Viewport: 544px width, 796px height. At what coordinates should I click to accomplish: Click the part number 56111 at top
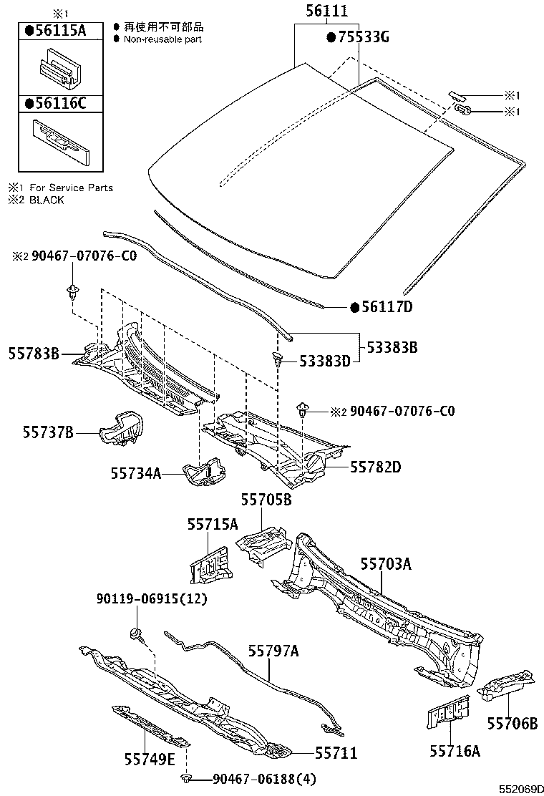coord(326,11)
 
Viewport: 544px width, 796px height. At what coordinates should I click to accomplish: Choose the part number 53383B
coord(392,348)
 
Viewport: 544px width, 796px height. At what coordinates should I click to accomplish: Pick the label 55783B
coord(34,352)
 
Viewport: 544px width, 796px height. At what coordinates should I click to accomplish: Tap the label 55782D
coord(375,467)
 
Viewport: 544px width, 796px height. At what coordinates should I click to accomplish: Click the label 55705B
coord(266,500)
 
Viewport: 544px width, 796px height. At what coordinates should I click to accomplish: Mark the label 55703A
coord(385,564)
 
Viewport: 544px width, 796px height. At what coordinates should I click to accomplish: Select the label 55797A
coord(273,651)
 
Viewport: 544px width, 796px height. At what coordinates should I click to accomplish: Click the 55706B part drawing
coord(507,687)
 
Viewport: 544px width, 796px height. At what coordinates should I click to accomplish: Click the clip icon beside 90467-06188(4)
coord(187,778)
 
